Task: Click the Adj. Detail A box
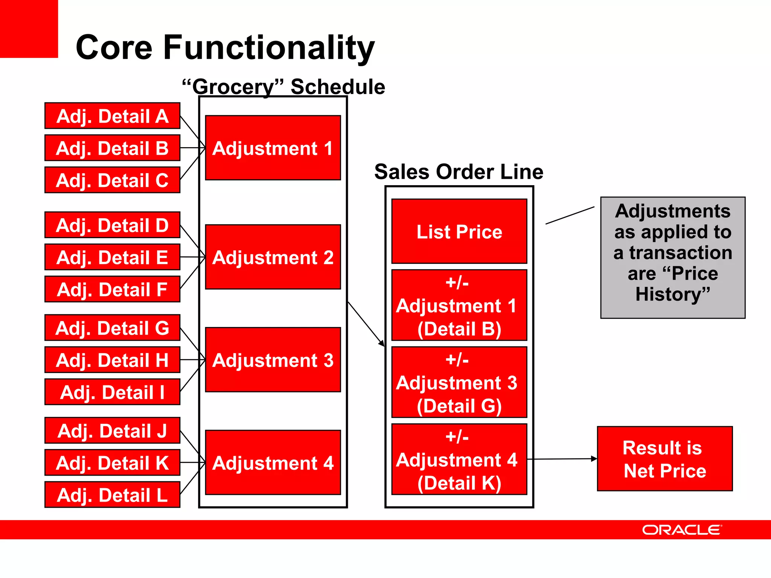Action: (112, 116)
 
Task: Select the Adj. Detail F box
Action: (112, 289)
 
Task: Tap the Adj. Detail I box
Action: (112, 392)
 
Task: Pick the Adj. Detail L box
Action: (112, 495)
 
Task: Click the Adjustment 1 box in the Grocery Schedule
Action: (273, 148)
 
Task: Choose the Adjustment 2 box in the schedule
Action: (273, 257)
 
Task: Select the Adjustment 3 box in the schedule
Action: (273, 360)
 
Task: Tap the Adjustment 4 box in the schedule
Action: (273, 462)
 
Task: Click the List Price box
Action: (459, 231)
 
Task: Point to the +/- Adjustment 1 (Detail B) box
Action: (459, 305)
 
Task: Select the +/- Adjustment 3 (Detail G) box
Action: (459, 382)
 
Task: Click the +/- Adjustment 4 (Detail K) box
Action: (459, 459)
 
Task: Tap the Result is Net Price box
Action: (665, 459)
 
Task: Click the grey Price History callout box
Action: (673, 258)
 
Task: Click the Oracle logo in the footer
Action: (682, 530)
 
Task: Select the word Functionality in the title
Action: (269, 48)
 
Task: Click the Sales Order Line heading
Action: (459, 172)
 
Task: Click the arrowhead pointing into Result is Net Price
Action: (594, 459)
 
